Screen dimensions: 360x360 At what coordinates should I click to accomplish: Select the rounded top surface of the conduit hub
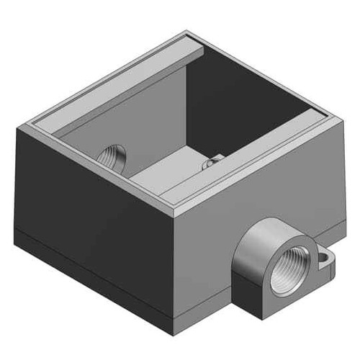270,229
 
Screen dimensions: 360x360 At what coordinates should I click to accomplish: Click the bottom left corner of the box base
16,234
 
